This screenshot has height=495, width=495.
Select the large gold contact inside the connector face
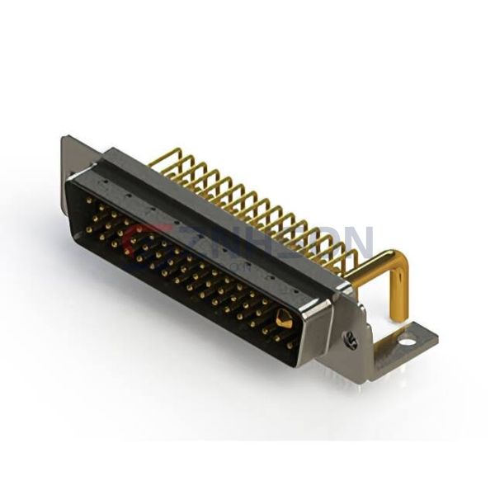coord(284,319)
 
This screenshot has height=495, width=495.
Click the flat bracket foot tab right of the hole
coord(425,335)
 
